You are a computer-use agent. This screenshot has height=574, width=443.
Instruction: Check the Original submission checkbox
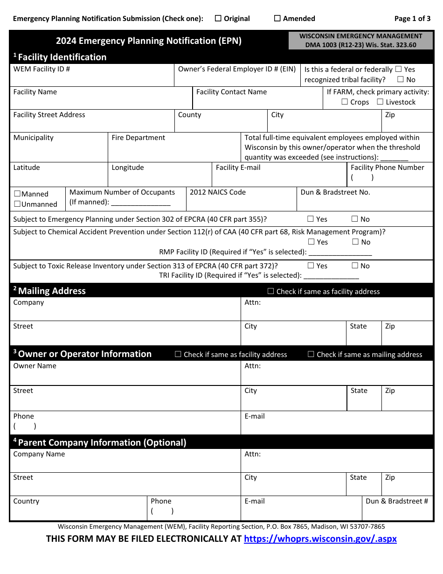[x=218, y=19]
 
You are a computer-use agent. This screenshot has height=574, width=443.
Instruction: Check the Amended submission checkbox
[x=277, y=19]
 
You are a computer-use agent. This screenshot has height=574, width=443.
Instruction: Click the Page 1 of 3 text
[x=412, y=19]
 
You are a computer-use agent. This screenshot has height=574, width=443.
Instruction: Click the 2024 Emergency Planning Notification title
[x=149, y=41]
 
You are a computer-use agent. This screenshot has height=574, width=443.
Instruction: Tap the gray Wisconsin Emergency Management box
[x=360, y=41]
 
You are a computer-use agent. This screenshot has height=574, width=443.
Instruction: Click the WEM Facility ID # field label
[x=42, y=69]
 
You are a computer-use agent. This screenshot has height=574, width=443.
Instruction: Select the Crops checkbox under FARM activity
[x=345, y=102]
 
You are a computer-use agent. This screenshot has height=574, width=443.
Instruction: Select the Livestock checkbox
[x=380, y=102]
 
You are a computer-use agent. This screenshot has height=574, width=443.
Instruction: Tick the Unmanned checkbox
[x=17, y=204]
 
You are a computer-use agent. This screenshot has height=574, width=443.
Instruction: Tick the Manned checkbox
[x=17, y=194]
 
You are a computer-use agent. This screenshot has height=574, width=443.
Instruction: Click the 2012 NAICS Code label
[x=218, y=192]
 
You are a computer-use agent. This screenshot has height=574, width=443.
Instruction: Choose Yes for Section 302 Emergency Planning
[x=311, y=219]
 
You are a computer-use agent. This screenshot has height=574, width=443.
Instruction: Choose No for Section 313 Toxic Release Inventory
[x=355, y=266]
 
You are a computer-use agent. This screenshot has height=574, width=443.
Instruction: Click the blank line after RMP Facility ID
[x=340, y=252]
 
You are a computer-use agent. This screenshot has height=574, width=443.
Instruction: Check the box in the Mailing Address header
[x=271, y=291]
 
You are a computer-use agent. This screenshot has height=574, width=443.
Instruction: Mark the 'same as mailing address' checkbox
[x=311, y=354]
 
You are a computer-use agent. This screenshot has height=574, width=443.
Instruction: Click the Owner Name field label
[x=35, y=366]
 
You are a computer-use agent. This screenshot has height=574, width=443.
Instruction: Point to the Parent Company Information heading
[x=102, y=442]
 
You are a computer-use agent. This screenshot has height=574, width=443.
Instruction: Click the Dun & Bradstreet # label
[x=397, y=501]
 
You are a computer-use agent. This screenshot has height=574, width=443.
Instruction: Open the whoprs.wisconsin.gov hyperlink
[x=320, y=539]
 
